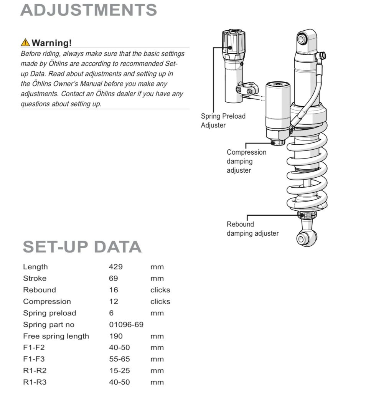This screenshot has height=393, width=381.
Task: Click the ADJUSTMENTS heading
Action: click(89, 10)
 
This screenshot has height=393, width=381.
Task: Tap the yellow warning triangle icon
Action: click(25, 43)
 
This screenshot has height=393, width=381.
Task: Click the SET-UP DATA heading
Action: click(82, 247)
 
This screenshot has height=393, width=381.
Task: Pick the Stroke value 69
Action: click(113, 278)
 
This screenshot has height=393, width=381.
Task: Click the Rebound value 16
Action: click(113, 290)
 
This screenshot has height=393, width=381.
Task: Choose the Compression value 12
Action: click(113, 301)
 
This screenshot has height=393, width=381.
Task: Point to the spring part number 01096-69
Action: click(126, 325)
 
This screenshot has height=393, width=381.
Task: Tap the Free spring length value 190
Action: click(115, 336)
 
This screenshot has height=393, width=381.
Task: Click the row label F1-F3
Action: click(34, 359)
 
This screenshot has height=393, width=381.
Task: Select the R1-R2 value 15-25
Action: click(119, 371)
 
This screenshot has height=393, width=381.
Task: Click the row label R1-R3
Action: click(35, 382)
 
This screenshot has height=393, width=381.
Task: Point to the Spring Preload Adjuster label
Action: click(223, 121)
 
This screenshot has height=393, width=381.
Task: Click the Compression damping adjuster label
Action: click(246, 161)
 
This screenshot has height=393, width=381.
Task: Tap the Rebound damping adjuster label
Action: click(252, 229)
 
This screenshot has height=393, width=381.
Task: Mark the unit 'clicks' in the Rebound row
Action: click(160, 290)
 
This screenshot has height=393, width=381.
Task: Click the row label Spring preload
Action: click(49, 313)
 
